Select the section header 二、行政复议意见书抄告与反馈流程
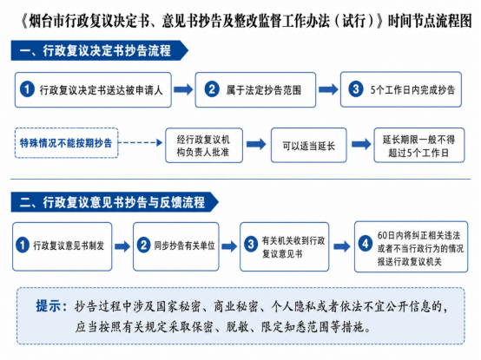tap(115, 202)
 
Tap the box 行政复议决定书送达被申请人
tap(93, 89)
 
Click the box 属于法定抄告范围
tap(255, 89)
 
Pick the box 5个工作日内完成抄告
tap(401, 89)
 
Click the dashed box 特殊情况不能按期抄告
tap(67, 143)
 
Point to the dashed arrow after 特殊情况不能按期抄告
tap(141, 142)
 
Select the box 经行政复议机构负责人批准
tap(204, 145)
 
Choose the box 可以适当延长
tap(309, 145)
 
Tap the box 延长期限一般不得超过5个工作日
tap(419, 145)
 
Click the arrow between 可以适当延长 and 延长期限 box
tap(361, 144)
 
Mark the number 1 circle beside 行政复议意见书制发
tap(23, 245)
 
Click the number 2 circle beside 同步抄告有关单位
tap(143, 245)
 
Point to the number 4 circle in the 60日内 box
tap(365, 244)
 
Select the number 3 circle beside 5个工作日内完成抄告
tap(356, 89)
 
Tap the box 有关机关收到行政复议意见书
tap(285, 246)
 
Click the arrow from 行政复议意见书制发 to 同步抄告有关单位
tap(122, 246)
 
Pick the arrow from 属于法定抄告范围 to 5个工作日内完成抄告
tap(328, 89)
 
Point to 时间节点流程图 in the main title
tap(430, 21)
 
